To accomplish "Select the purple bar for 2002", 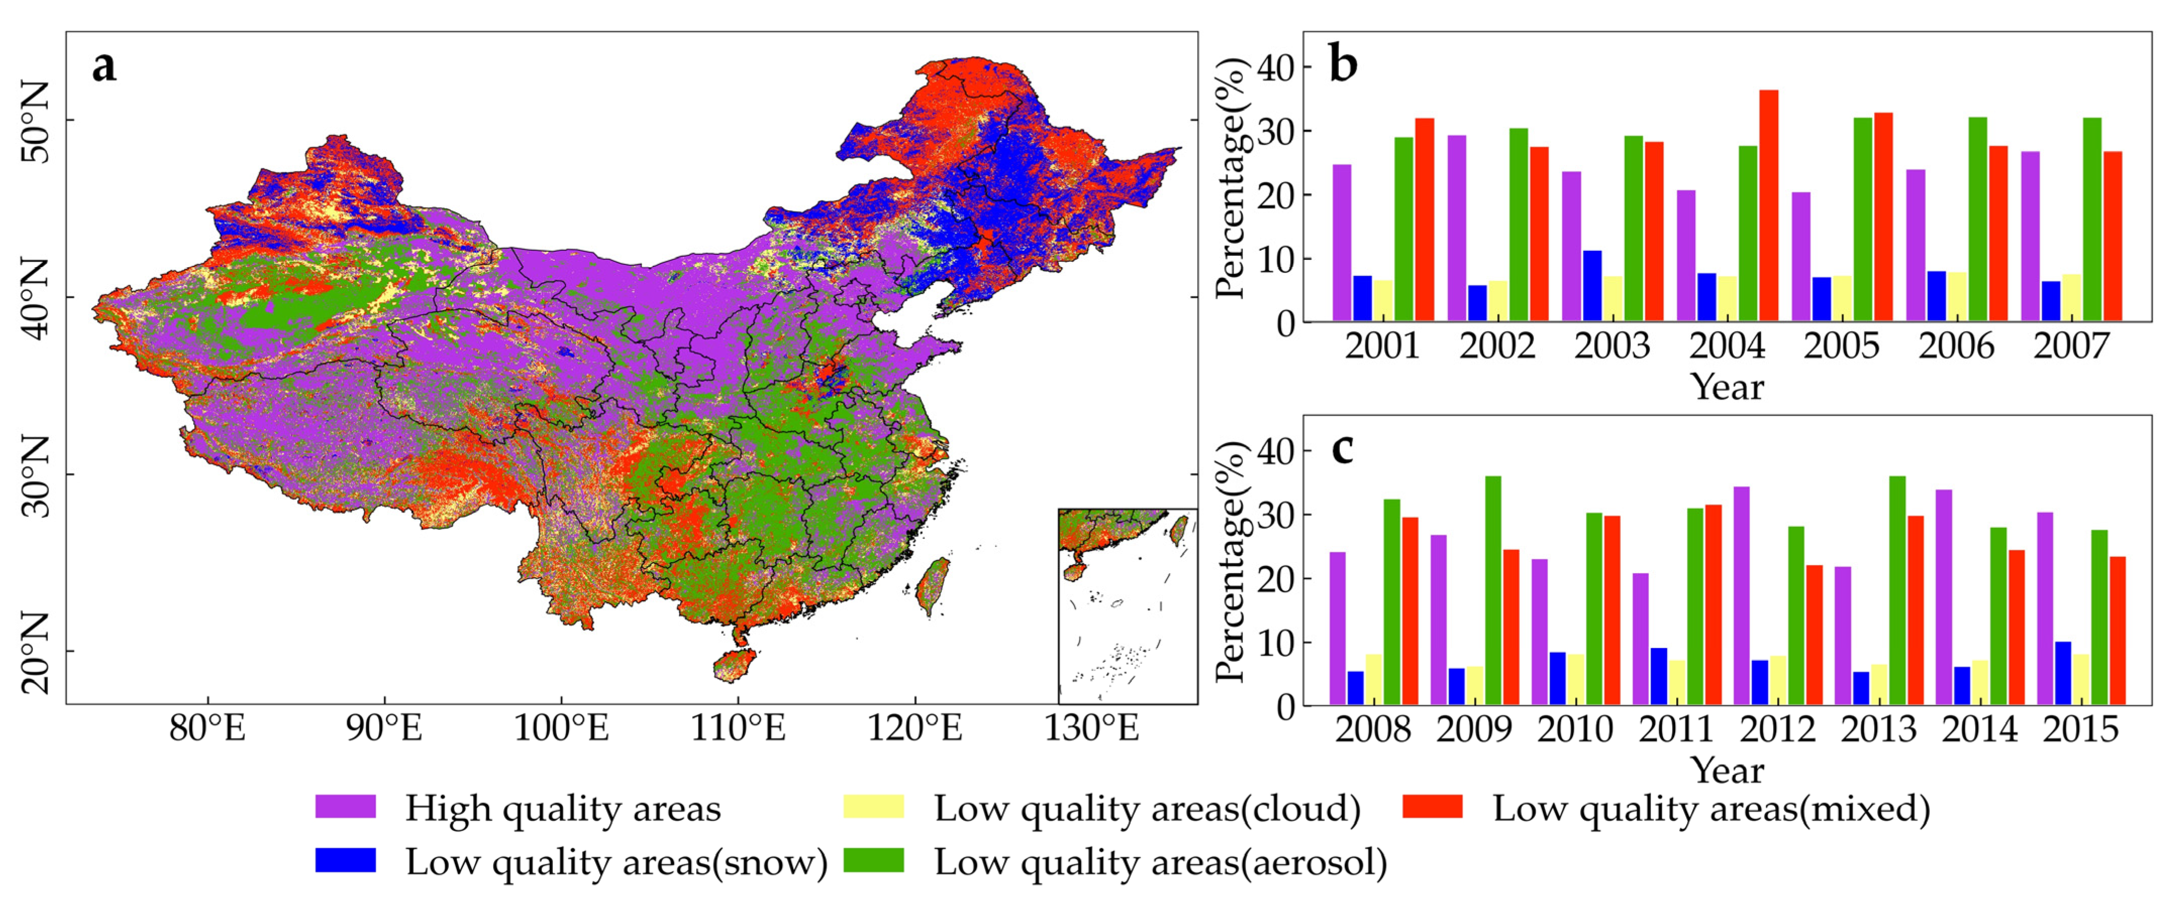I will pos(1456,228).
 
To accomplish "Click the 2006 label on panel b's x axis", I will pos(1955,347).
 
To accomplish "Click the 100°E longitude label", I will pos(561,728).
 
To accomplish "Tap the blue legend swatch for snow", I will pos(345,860).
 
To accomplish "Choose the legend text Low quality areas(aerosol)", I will pos(1160,862).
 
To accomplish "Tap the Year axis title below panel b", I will pos(1727,387).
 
